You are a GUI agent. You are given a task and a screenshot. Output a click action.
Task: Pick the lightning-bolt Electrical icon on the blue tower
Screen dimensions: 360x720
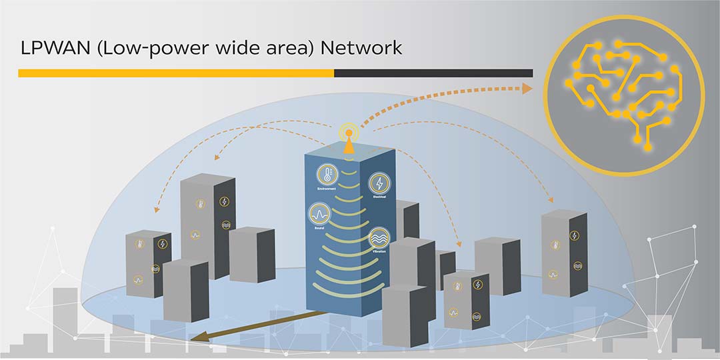pyautogui.click(x=379, y=183)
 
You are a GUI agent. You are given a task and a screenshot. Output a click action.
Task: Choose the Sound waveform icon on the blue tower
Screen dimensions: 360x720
pyautogui.click(x=319, y=215)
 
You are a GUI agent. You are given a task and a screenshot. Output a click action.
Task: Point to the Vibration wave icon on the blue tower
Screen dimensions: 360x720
pyautogui.click(x=379, y=238)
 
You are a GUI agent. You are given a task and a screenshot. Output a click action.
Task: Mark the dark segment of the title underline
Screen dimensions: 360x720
pyautogui.click(x=433, y=73)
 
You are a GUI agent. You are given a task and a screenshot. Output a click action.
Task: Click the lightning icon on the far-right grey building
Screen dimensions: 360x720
pyautogui.click(x=575, y=235)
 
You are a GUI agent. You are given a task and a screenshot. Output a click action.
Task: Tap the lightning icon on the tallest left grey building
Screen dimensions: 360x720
pyautogui.click(x=224, y=201)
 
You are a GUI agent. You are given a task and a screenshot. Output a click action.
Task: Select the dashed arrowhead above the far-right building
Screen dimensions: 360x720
pyautogui.click(x=551, y=198)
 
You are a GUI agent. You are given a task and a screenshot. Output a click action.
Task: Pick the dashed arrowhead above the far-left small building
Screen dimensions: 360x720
pyautogui.click(x=155, y=209)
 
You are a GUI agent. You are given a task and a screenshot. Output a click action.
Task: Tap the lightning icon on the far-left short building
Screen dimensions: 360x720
pyautogui.click(x=162, y=244)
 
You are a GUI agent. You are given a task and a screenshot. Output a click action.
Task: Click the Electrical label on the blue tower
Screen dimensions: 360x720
pyautogui.click(x=379, y=197)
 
